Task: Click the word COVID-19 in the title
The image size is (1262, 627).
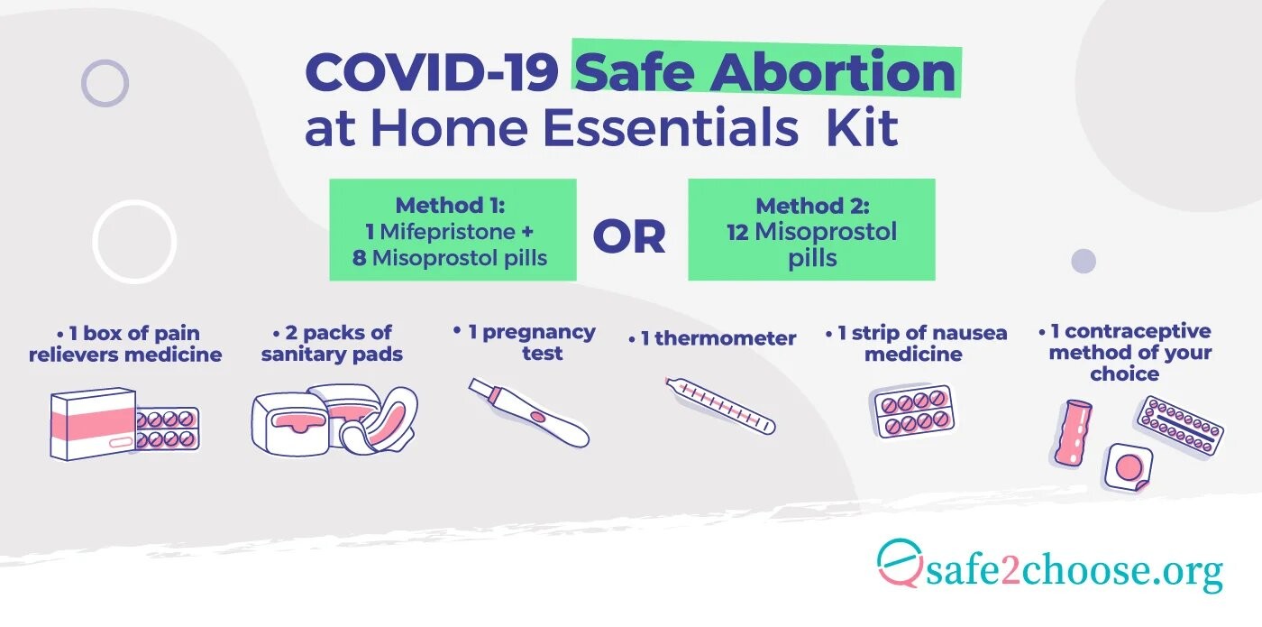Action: (432, 72)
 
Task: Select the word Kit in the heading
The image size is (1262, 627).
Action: (862, 127)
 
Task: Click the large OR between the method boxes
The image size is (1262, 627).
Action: (629, 236)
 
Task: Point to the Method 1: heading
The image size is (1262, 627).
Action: (450, 206)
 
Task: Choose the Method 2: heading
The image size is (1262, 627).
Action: (812, 206)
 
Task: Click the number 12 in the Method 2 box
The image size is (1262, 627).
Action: (737, 233)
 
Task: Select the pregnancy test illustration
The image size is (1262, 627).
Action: (529, 412)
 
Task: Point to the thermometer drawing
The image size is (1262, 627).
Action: (720, 406)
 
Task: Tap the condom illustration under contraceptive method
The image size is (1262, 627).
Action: (1073, 432)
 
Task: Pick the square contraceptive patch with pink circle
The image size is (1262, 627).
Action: (1129, 467)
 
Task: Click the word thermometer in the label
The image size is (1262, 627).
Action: (725, 338)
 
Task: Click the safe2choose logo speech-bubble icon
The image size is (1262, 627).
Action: (900, 563)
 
